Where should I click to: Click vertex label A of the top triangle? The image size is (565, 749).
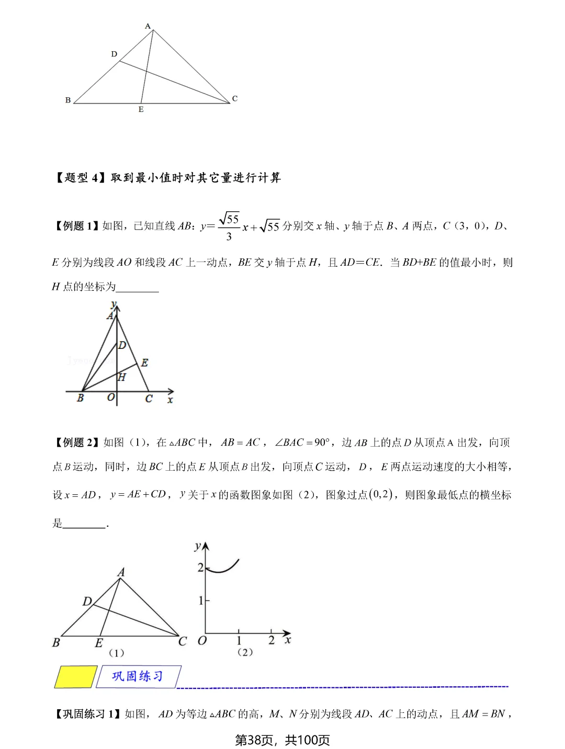tap(148, 26)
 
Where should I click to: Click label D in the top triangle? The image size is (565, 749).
tap(114, 54)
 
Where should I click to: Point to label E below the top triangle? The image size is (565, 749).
tap(141, 109)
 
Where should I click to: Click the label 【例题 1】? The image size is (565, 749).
tap(76, 226)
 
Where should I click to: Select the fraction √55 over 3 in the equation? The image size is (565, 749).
tap(229, 226)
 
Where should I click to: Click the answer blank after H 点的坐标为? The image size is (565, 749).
tap(138, 287)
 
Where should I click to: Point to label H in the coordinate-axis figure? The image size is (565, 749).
tap(122, 377)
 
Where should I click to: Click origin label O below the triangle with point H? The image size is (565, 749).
tap(110, 398)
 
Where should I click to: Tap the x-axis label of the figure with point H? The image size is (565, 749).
tap(170, 400)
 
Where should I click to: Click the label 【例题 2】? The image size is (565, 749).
tap(76, 442)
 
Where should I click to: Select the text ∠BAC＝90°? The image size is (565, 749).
tap(302, 442)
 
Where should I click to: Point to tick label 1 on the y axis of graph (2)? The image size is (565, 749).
tap(200, 601)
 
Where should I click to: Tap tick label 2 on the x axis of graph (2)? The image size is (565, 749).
tap(271, 640)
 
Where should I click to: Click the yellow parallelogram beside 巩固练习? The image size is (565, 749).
tap(76, 677)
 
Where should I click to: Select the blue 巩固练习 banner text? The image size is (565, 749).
tap(138, 676)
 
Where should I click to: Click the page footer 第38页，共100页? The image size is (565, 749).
tap(282, 740)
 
